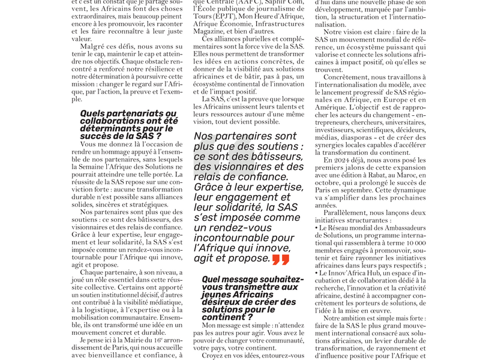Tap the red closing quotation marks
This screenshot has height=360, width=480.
(281, 259)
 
